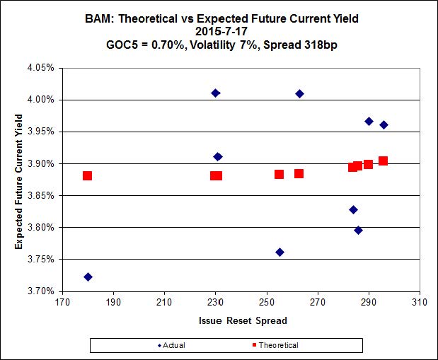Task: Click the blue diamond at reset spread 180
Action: point(88,277)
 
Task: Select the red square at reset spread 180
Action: point(87,175)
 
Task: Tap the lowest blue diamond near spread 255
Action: point(279,252)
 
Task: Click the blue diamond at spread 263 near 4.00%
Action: point(299,93)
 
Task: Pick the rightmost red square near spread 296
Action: point(383,161)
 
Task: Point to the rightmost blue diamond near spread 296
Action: point(384,125)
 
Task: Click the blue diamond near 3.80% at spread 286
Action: point(358,230)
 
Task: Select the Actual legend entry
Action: point(175,345)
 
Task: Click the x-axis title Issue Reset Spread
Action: point(241,320)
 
